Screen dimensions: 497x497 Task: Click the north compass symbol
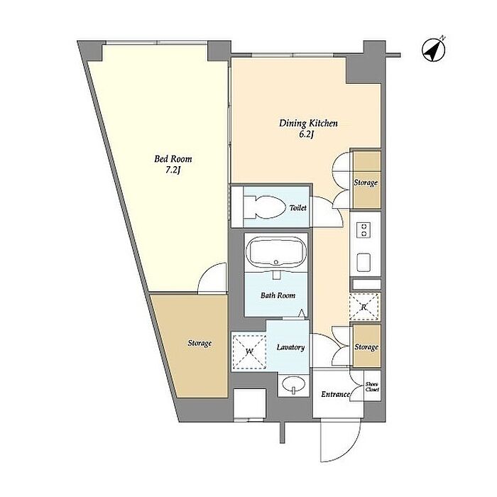click(433, 50)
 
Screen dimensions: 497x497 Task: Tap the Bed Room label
click(173, 158)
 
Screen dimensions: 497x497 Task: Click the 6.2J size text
click(306, 135)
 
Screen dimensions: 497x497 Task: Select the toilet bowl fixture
click(264, 207)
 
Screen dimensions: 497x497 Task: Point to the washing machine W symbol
click(249, 352)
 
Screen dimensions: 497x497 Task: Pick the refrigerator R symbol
click(364, 307)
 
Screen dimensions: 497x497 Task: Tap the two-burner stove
click(364, 230)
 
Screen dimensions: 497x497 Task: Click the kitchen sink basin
click(364, 263)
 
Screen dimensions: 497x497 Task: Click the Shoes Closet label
click(372, 387)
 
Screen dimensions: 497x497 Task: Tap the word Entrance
click(335, 394)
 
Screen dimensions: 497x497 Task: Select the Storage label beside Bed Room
click(200, 343)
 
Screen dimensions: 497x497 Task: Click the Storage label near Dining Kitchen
click(366, 182)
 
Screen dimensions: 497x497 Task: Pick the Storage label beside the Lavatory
click(366, 347)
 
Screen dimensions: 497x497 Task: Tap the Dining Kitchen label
click(308, 123)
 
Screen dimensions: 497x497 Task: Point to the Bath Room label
click(278, 295)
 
